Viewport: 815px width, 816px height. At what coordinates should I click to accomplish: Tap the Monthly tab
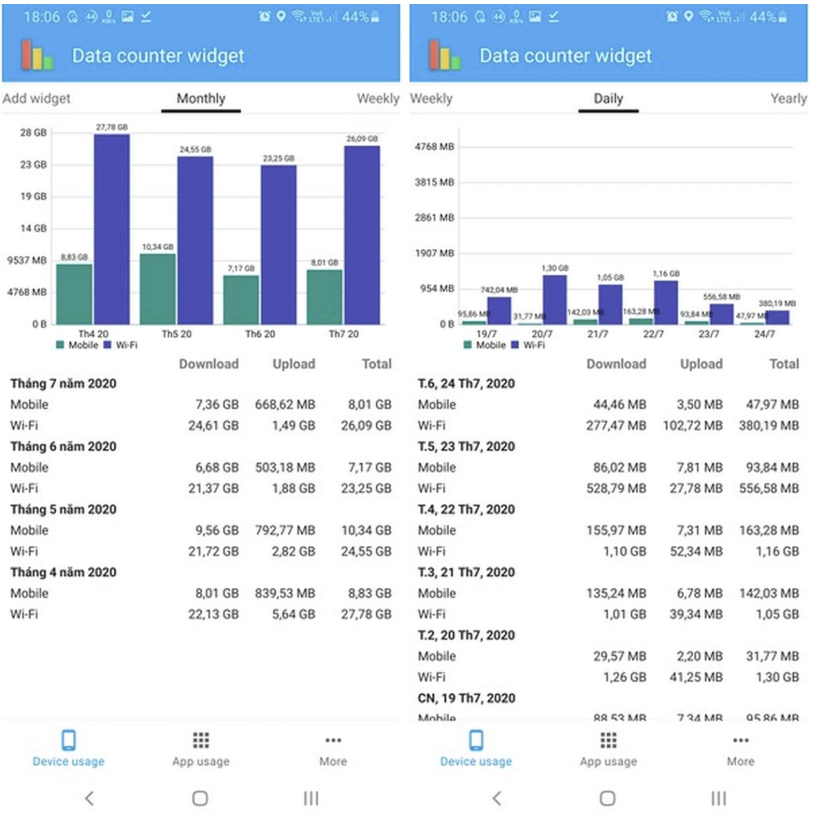coord(200,99)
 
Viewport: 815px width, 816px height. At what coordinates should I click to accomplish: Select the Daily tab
coord(608,99)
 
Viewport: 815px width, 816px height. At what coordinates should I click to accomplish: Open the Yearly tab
coord(788,99)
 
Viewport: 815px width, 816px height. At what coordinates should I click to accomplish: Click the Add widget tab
coord(36,99)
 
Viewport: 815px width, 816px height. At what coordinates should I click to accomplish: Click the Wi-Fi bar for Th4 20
coord(112,229)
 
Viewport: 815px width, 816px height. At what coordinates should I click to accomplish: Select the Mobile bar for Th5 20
coord(157,289)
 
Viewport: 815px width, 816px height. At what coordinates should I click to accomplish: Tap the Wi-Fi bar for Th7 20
coord(362,235)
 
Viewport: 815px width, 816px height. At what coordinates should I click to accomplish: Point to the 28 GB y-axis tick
coord(33,132)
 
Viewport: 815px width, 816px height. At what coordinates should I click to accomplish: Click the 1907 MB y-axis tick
coord(435,253)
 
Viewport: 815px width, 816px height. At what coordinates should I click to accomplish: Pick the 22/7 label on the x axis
coord(653,334)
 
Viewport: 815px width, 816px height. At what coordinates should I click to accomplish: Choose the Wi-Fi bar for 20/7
coord(554,299)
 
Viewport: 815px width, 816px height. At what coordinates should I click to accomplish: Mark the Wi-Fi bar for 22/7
coord(665,302)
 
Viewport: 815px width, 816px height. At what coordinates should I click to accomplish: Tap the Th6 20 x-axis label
coord(260,334)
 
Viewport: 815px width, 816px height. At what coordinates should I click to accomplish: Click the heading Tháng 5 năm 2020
coord(64,509)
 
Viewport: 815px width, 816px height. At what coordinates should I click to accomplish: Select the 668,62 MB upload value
coord(285,404)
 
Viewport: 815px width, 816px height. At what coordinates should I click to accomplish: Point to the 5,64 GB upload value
coord(294,614)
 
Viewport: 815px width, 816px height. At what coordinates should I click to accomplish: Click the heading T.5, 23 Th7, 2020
coord(466,446)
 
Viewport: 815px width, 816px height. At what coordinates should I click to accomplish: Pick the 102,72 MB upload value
coord(693,426)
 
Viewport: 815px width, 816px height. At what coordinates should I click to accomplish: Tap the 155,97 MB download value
coord(616,530)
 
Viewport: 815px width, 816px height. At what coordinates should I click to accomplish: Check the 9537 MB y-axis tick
coord(27,260)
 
